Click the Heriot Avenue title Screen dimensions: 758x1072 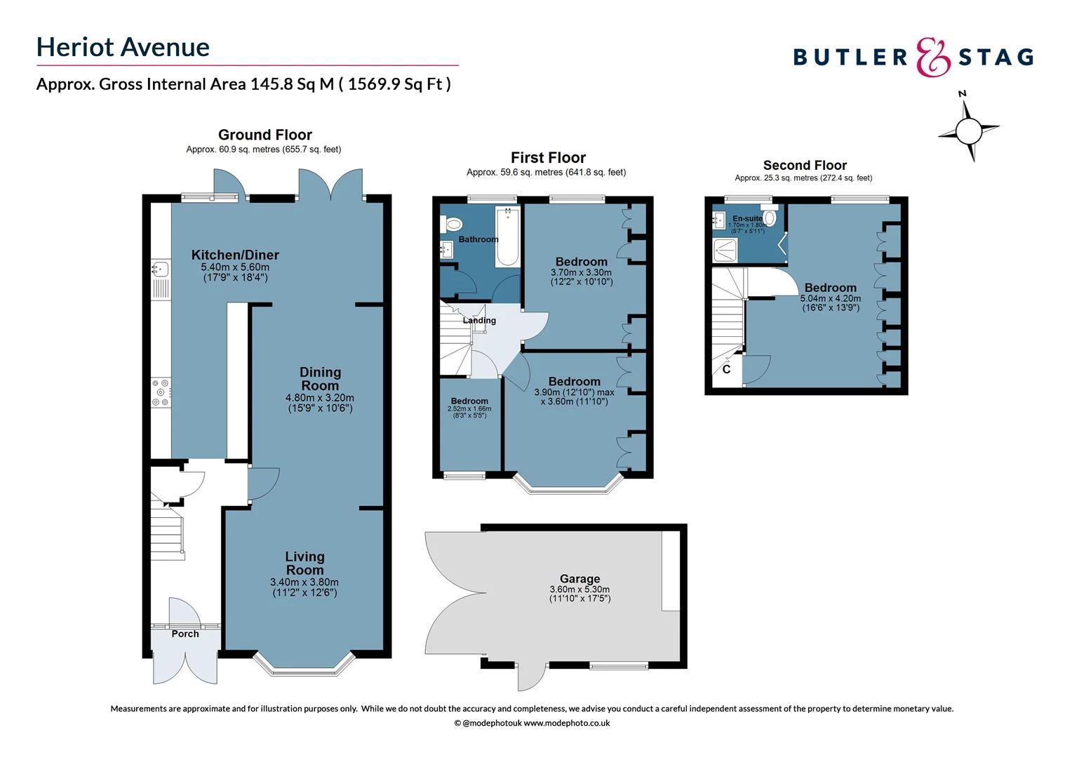[123, 47]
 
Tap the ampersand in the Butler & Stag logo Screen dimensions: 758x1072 [933, 57]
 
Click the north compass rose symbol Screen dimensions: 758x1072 [968, 130]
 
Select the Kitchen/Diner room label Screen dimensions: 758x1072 [235, 255]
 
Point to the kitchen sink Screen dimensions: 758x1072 [161, 269]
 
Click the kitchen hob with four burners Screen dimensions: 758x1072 [161, 392]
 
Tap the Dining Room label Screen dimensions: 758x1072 [320, 379]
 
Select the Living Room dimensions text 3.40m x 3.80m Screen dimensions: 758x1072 [304, 582]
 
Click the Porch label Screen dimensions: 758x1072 [185, 634]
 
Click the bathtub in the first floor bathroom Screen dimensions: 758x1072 [507, 237]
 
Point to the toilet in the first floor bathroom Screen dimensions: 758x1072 [453, 224]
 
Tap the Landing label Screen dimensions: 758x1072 [479, 321]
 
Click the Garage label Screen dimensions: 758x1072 [579, 579]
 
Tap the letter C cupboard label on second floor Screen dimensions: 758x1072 [726, 369]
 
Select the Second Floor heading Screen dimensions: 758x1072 [805, 166]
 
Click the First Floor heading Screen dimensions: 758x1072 [548, 158]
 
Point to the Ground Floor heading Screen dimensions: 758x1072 [264, 135]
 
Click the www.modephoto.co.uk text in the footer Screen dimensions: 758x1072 [567, 723]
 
